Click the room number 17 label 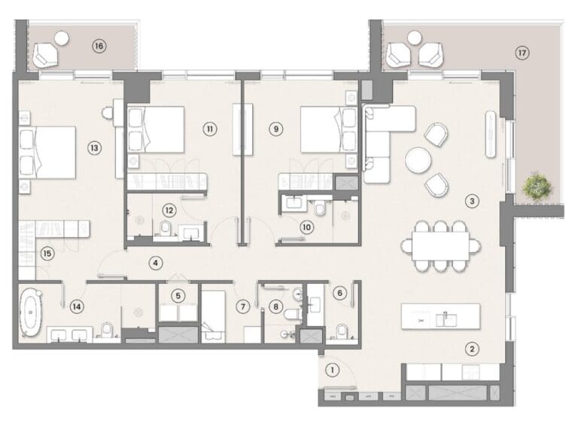(522, 53)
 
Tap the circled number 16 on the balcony (99, 46)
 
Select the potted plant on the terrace (536, 186)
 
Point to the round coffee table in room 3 (418, 160)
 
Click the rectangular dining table (440, 246)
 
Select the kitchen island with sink (440, 316)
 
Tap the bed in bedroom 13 (48, 152)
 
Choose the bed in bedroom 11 (157, 130)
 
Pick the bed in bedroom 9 (329, 130)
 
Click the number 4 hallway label (156, 263)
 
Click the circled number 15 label (48, 254)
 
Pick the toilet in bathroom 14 (107, 330)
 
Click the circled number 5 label (178, 296)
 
